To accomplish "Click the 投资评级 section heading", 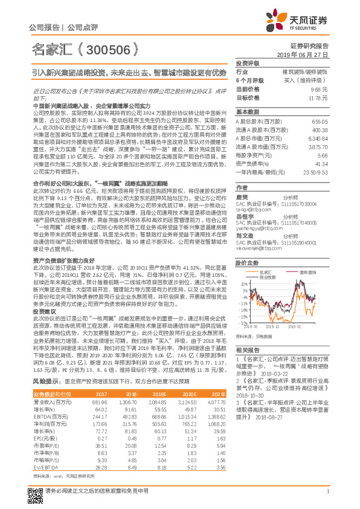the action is pyautogui.click(x=248, y=63).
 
